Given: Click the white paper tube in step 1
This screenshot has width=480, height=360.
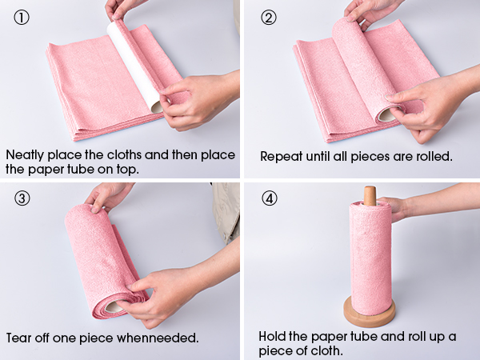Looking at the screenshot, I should pyautogui.click(x=134, y=64).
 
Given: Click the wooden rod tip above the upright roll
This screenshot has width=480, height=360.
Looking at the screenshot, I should pyautogui.click(x=369, y=194).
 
